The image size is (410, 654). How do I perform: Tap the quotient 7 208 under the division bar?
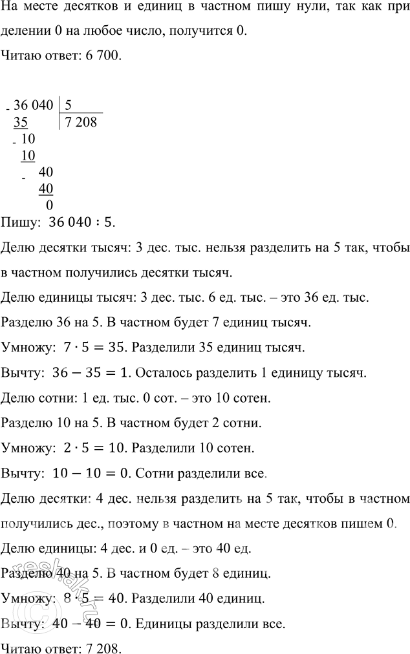coord(80,121)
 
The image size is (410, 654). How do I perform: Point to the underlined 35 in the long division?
coord(20,121)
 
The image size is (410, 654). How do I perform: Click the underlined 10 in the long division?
coord(28,155)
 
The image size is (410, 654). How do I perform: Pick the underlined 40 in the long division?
coord(45,189)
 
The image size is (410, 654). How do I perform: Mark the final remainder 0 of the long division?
coord(50,205)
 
